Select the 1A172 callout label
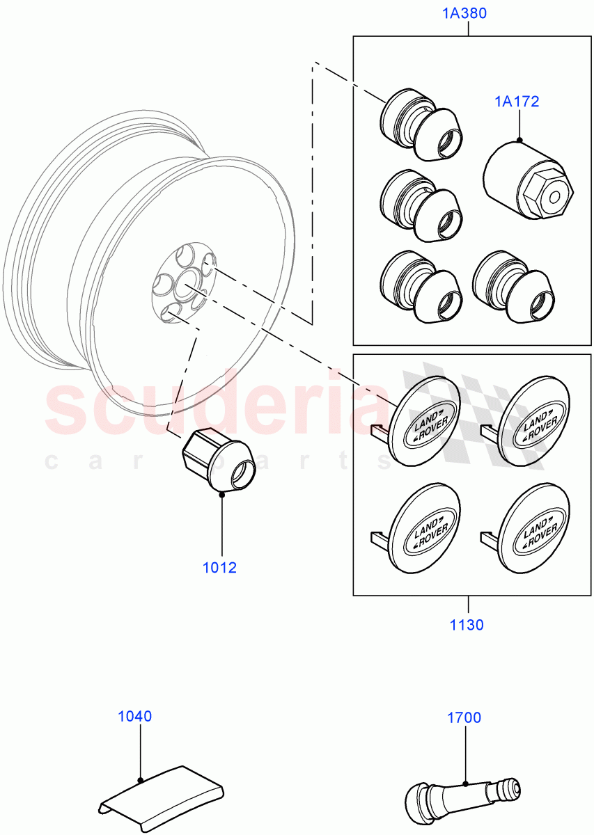point(517,102)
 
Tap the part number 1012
point(220,567)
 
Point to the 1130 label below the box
point(466,625)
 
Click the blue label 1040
point(134,716)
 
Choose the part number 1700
point(464,717)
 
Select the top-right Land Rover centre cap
point(536,422)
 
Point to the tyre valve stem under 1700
point(463,793)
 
